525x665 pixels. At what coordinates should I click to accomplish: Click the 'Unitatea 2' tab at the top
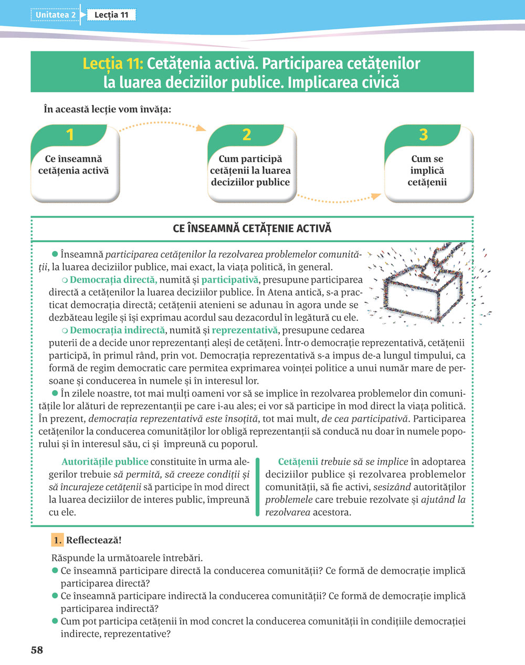point(55,15)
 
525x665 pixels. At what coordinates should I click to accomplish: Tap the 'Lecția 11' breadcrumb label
point(111,15)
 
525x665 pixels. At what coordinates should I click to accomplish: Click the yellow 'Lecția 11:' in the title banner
point(112,64)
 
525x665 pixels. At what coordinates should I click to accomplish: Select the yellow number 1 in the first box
point(70,135)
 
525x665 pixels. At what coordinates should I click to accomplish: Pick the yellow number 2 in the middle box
point(247,135)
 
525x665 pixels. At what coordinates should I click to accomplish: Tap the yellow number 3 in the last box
point(424,135)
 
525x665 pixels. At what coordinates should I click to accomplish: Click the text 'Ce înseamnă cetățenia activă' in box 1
point(73,165)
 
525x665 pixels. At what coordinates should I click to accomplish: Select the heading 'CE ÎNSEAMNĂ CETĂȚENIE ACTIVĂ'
point(252,229)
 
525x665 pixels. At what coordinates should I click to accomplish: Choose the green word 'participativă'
point(231,280)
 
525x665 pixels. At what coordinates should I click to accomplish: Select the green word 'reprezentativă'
point(244,330)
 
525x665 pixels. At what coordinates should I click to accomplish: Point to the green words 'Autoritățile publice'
point(105,462)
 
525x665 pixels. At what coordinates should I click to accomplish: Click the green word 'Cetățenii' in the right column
point(298,462)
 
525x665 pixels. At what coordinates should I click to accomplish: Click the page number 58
point(37,650)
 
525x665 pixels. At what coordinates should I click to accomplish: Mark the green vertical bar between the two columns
point(257,487)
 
